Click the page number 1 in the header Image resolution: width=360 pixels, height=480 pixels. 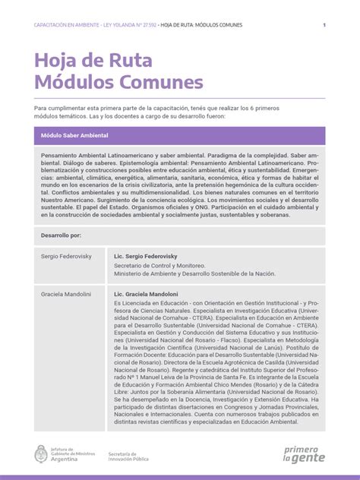[324, 25]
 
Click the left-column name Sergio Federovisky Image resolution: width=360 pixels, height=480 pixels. [66, 257]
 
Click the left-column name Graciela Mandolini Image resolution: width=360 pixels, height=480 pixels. [66, 294]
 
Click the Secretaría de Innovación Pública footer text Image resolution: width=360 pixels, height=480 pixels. [128, 456]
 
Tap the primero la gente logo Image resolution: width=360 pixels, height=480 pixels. [304, 453]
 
